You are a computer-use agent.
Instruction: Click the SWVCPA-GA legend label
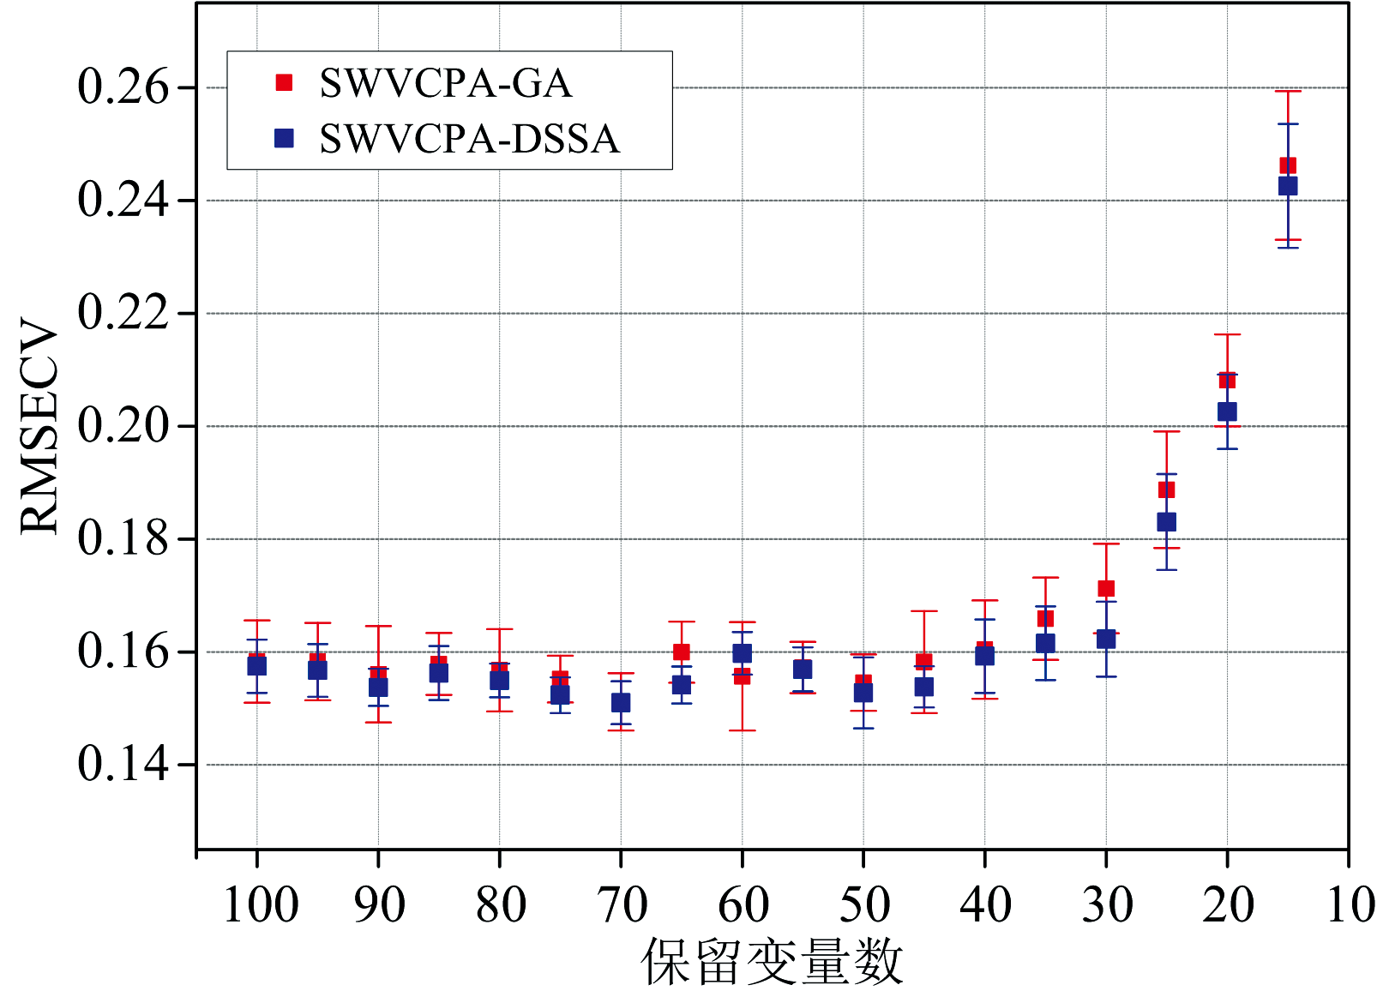point(445,83)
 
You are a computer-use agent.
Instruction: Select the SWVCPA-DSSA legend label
point(469,139)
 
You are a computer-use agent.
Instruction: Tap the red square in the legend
point(284,82)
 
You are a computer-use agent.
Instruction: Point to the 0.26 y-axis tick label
point(123,87)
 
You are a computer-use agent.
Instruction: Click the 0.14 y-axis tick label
point(123,764)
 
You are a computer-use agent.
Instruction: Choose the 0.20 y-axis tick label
point(123,426)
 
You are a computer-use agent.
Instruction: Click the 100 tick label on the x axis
point(260,904)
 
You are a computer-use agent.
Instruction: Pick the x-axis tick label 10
point(1350,904)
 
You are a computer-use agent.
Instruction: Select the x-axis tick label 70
point(622,904)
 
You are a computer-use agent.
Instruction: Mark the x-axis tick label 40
point(985,904)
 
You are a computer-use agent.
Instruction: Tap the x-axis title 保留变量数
point(772,962)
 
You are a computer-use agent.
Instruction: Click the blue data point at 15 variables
point(1288,186)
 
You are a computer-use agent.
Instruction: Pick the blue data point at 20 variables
point(1227,411)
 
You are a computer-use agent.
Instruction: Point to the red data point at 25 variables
point(1166,489)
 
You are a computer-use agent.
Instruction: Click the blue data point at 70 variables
point(621,703)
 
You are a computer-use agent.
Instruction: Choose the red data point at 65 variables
point(682,652)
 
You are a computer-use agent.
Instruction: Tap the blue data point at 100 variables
point(257,666)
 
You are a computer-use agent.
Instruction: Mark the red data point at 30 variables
point(1106,588)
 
